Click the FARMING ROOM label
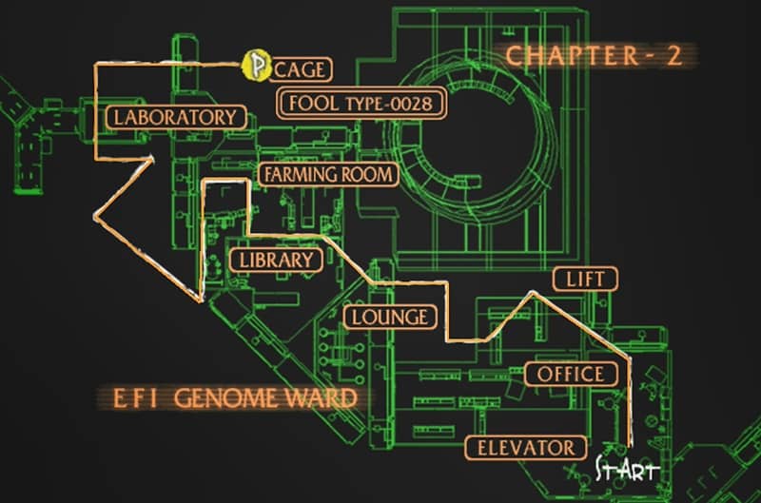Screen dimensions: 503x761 [327, 174]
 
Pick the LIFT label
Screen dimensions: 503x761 [586, 279]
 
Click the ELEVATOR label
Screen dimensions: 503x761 [525, 447]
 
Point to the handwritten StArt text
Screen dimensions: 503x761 [626, 469]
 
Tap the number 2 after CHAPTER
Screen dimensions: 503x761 [673, 55]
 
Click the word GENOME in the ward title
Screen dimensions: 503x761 [231, 397]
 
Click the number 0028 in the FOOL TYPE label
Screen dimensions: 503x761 [413, 103]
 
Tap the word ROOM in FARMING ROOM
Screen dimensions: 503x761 [364, 174]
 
